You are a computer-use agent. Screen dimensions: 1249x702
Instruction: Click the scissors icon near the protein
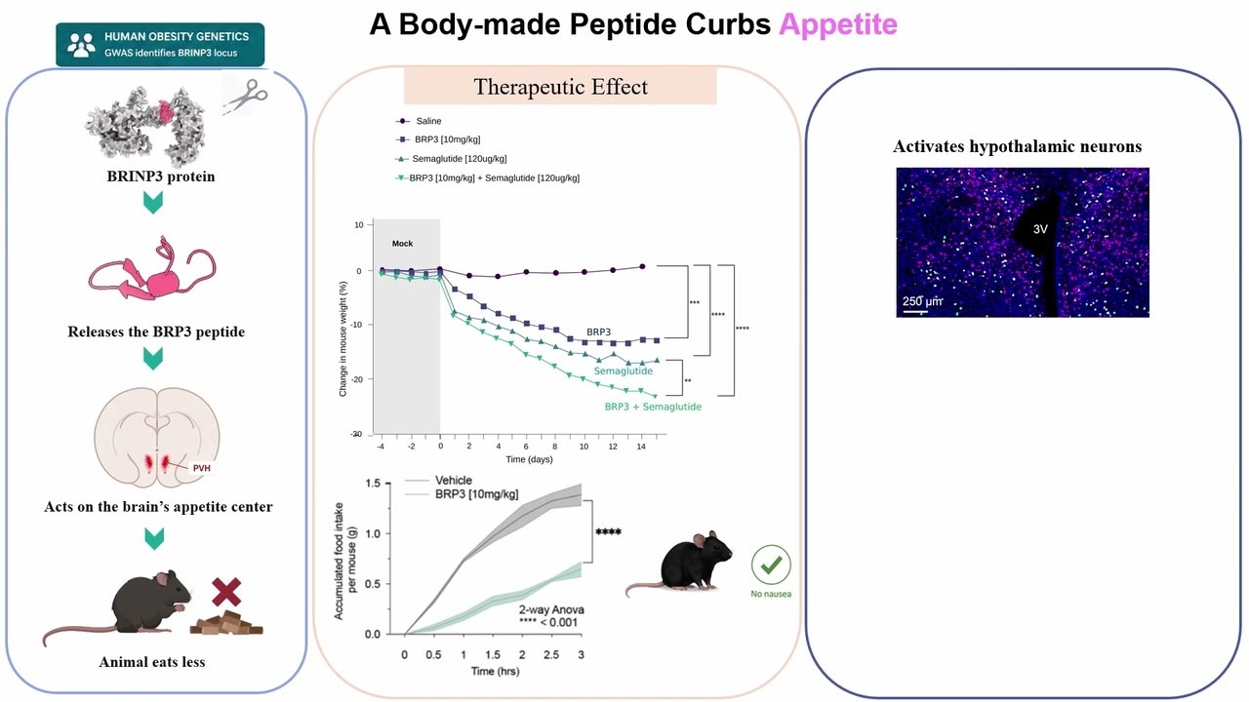(246, 96)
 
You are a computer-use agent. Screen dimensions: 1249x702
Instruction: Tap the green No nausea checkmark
(771, 565)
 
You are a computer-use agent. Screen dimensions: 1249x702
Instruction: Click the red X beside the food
(226, 592)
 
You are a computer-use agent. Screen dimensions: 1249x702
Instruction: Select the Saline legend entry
(419, 121)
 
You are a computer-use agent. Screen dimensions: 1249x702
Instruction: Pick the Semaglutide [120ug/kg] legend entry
(451, 159)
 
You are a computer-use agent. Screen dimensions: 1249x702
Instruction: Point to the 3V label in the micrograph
(1040, 229)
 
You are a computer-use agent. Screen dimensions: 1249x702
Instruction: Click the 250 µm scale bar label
(922, 301)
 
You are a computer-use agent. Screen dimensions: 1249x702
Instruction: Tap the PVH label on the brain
(201, 468)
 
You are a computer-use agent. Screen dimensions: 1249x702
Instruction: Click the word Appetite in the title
(838, 24)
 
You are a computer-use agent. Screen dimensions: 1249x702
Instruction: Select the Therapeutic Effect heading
(560, 87)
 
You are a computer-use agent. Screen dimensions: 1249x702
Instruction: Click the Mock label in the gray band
(402, 244)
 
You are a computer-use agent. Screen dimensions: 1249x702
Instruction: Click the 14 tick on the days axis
(641, 447)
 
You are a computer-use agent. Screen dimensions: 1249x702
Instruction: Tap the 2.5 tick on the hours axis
(551, 654)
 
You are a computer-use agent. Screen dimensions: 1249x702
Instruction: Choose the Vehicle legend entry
(439, 481)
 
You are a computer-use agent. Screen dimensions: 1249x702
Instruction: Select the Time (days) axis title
(529, 459)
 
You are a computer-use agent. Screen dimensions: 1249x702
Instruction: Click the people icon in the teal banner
(81, 45)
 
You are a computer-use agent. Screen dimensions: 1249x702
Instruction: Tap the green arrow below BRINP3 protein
(153, 203)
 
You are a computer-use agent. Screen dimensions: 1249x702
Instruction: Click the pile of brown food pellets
(226, 623)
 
